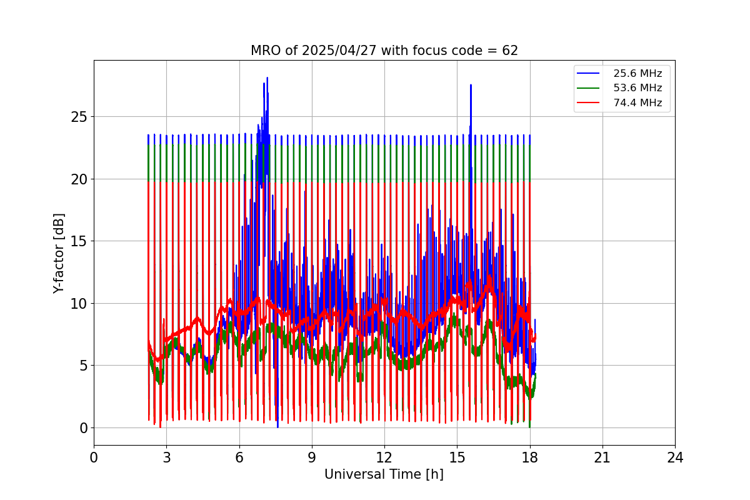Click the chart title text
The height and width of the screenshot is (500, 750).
coord(384,51)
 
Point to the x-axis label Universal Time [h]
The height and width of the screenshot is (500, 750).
coord(384,475)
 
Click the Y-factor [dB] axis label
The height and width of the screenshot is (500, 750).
coord(59,253)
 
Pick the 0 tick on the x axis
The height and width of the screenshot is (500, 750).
coord(94,457)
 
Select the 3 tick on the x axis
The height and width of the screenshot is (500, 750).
coord(166,457)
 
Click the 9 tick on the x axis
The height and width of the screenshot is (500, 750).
coord(312,457)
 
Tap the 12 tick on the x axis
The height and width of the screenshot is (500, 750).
coord(384,457)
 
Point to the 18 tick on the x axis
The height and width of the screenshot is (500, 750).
coord(530,457)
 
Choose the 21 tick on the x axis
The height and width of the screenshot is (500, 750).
coord(602,457)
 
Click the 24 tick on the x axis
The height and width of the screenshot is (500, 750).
coord(675,457)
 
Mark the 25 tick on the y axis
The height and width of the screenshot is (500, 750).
coord(79,117)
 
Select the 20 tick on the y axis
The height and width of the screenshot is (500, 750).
coord(79,179)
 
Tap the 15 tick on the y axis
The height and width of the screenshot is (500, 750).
coord(79,241)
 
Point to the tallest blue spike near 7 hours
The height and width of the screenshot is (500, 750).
coord(267,79)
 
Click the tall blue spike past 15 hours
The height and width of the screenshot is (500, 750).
coord(471,86)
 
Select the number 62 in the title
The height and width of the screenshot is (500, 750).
coord(510,51)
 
